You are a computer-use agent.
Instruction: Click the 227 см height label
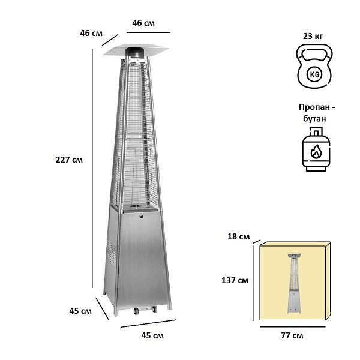click(69, 160)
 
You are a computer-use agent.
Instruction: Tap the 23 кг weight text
click(313, 36)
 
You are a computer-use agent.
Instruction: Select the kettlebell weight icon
click(314, 66)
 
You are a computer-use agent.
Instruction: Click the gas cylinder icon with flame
click(316, 149)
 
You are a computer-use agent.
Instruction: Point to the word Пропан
click(314, 107)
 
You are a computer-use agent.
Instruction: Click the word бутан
click(314, 119)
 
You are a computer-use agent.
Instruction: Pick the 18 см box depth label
click(238, 236)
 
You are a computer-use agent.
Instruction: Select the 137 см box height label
click(235, 280)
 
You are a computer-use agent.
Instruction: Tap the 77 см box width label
click(292, 335)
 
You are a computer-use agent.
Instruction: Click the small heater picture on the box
click(294, 283)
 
